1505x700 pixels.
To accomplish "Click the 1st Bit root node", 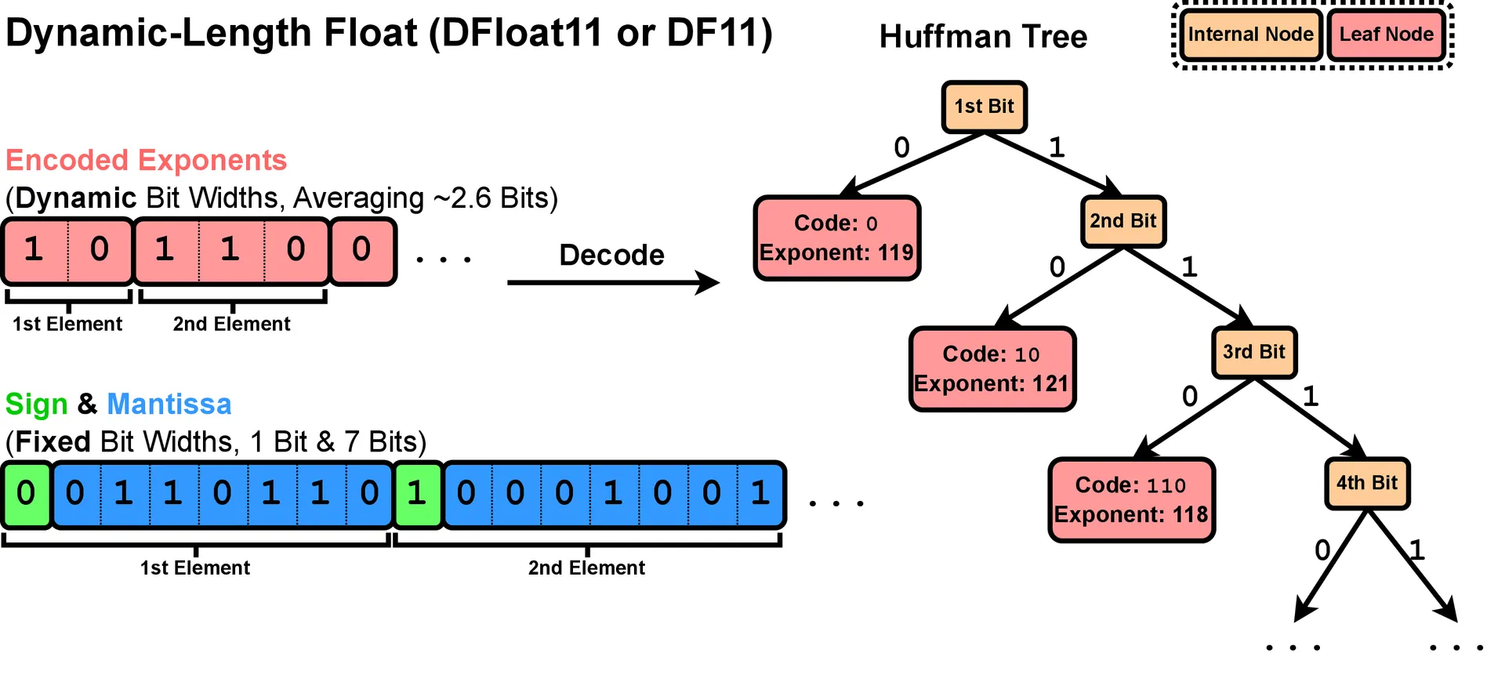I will [x=984, y=107].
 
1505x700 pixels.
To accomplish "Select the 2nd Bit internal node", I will [x=1122, y=222].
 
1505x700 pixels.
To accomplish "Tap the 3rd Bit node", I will [x=1253, y=353].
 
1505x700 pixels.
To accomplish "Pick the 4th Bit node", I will [x=1366, y=484].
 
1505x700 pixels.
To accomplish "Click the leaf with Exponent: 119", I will [x=836, y=238].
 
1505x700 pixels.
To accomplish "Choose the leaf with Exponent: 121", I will [x=992, y=369].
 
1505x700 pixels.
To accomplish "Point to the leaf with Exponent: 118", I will [x=1131, y=500].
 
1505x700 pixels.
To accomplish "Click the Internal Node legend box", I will [x=1250, y=34].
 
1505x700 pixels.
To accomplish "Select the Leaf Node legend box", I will [x=1386, y=34].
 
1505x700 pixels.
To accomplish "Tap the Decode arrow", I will [x=612, y=282].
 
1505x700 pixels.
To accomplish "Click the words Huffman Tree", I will [x=983, y=37].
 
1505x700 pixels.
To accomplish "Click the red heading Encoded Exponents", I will [x=146, y=161].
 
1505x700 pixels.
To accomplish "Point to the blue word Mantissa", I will [x=169, y=404].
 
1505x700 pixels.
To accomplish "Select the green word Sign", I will [x=36, y=404].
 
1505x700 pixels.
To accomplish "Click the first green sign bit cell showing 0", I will [x=26, y=494].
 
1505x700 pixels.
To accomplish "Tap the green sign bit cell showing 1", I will [x=417, y=494].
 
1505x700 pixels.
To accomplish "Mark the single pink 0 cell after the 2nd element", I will [x=361, y=250].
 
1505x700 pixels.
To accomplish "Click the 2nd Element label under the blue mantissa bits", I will [x=586, y=568].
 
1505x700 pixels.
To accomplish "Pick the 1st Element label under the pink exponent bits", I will [x=67, y=325].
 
